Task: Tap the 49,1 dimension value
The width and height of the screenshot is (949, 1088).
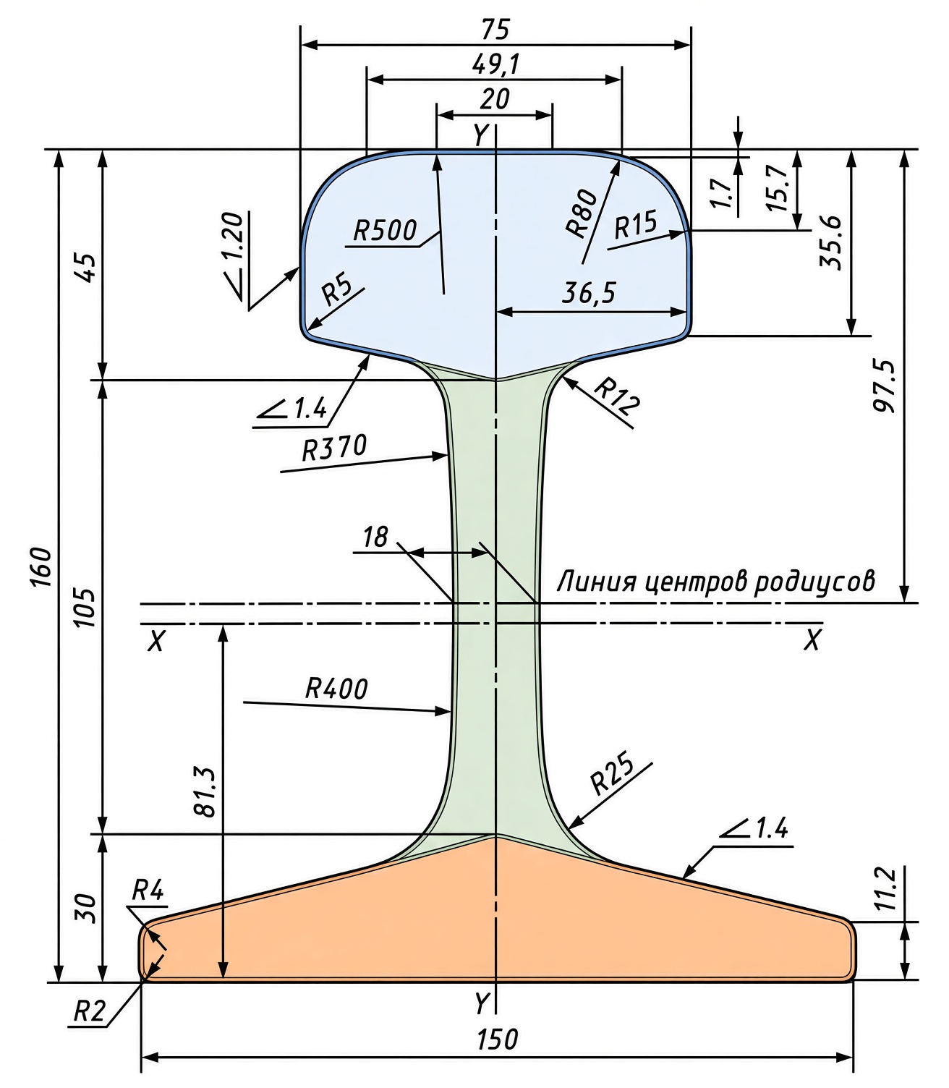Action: point(495,64)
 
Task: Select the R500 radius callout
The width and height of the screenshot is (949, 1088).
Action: point(385,231)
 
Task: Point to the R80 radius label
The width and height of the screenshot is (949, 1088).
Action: point(582,213)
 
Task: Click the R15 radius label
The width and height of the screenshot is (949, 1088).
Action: point(636,224)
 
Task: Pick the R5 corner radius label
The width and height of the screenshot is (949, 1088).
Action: point(337,292)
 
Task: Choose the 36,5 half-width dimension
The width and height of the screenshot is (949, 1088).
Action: point(589,292)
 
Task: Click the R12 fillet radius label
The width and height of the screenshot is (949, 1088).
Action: point(616,397)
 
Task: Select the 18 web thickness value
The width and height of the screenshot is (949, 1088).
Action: point(375,537)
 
